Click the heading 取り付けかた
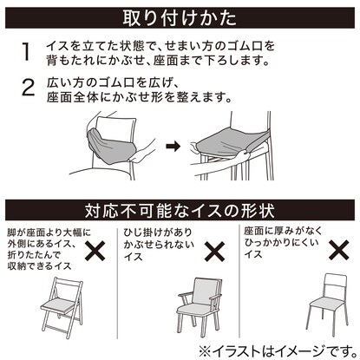click(180, 18)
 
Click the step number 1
click(26, 52)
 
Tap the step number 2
click(29, 88)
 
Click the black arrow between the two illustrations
click(173, 146)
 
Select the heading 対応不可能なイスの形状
click(180, 210)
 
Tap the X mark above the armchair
click(215, 252)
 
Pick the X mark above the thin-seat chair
click(339, 250)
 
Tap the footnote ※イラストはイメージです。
click(278, 351)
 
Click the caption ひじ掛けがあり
click(158, 232)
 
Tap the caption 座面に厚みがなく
click(283, 231)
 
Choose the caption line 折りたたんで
click(34, 255)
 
